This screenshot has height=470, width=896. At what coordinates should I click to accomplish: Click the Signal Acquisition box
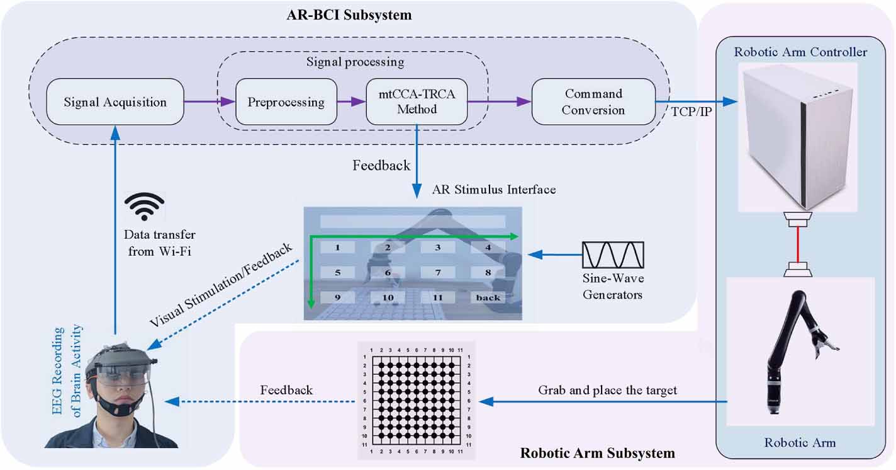pos(115,101)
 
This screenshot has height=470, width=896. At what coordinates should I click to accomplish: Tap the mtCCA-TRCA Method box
pos(417,101)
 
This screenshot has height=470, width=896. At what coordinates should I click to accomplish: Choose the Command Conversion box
pos(593,101)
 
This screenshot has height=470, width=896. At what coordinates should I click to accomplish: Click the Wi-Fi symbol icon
pos(144,207)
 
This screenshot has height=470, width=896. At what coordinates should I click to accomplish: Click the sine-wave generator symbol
pos(613,255)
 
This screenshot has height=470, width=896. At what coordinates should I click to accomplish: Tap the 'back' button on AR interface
pos(488,297)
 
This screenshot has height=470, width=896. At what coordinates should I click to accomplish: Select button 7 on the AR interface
pos(438,273)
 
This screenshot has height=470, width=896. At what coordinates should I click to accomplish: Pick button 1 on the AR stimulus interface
pos(337,248)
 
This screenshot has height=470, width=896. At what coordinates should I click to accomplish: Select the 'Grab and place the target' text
pos(607,391)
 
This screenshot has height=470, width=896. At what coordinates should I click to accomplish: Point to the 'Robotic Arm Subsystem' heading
pos(597,453)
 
